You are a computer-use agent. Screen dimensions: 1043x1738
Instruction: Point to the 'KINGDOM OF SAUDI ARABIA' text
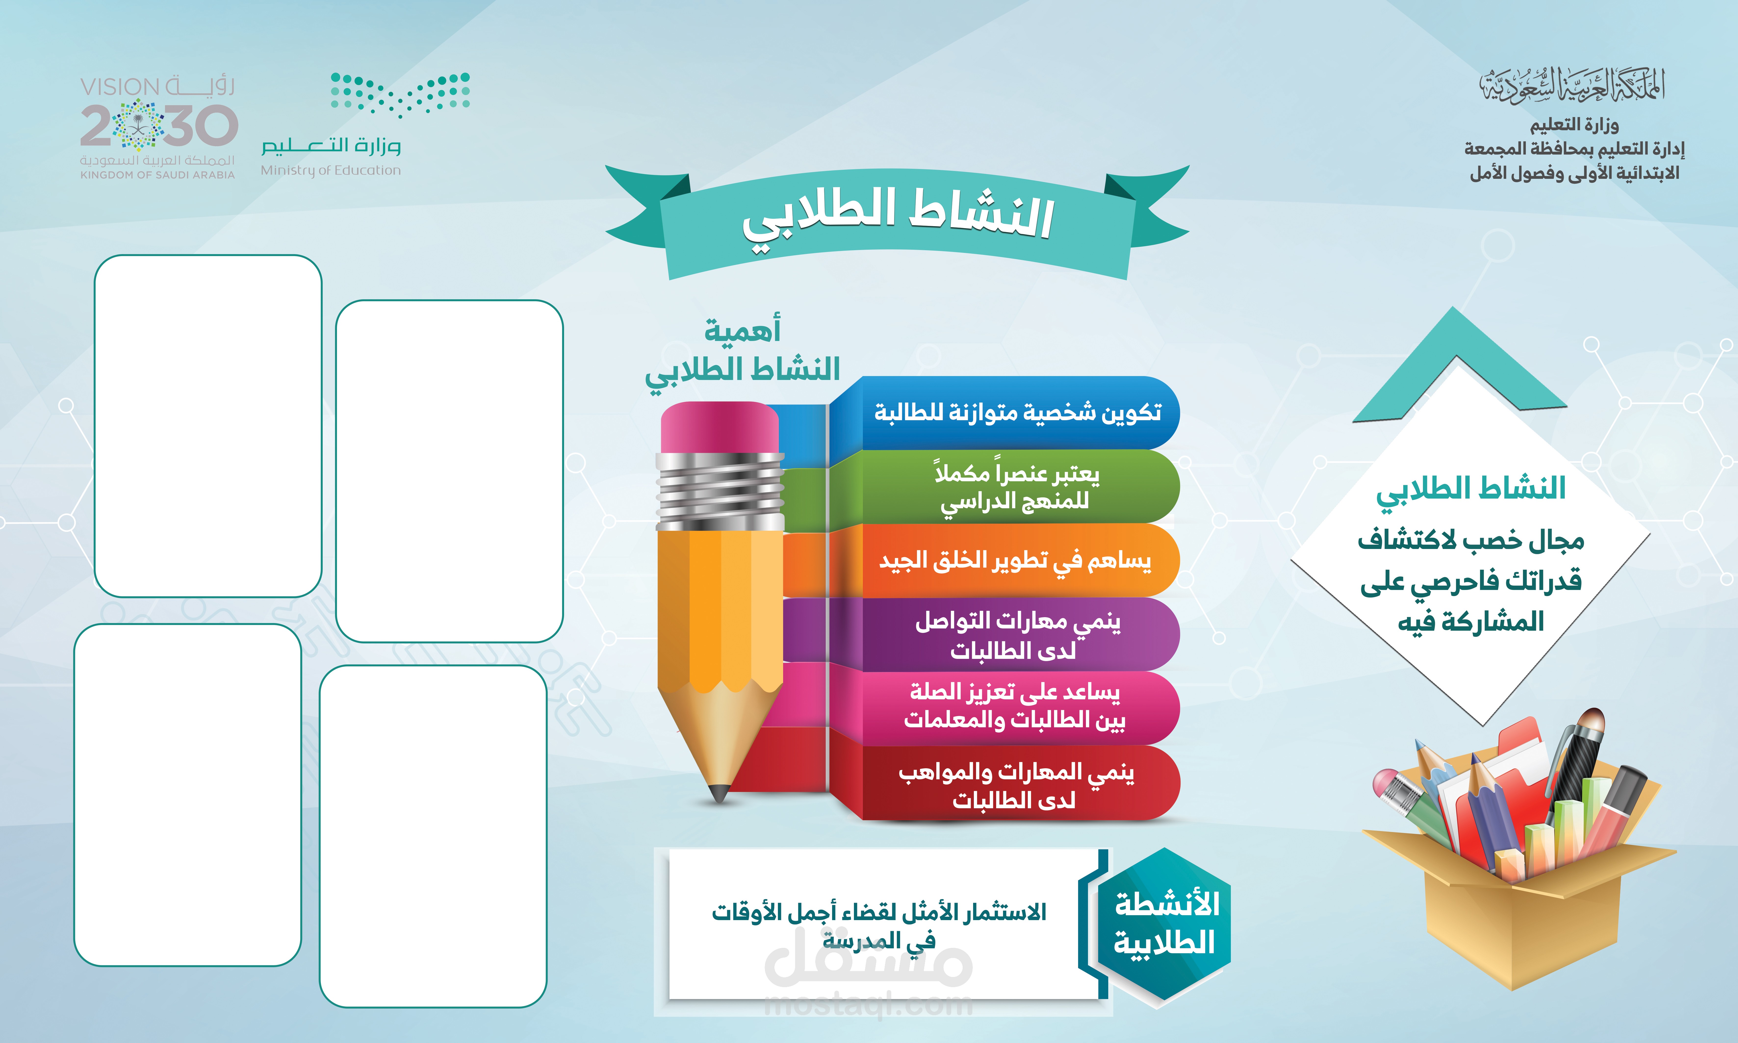click(157, 175)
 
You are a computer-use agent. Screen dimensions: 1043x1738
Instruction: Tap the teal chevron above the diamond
click(1458, 365)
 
